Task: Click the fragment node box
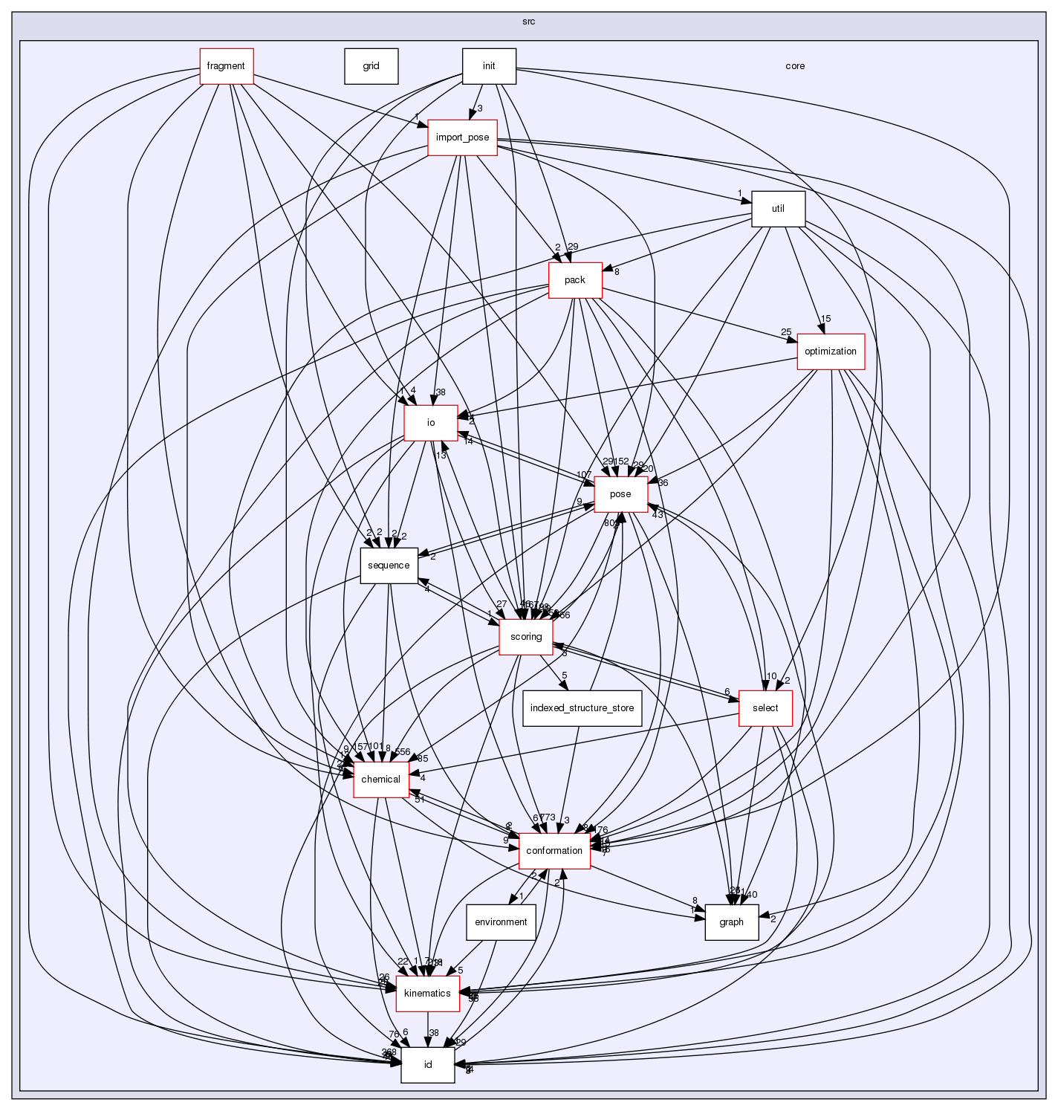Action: tap(226, 66)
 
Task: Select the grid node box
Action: tap(371, 66)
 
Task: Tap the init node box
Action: tap(488, 66)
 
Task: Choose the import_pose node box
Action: tap(462, 137)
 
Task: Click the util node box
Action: tap(778, 209)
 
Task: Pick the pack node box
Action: tap(574, 280)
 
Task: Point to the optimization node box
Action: tap(831, 352)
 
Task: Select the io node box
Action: tap(430, 423)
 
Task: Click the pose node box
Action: tap(620, 494)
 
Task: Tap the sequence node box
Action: tap(389, 566)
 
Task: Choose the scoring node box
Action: tap(526, 637)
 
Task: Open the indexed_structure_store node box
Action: tap(582, 708)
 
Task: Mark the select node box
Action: tap(765, 708)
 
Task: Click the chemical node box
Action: tap(380, 780)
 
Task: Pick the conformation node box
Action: tap(554, 851)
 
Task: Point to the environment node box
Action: tap(501, 922)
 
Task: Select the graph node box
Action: tap(731, 922)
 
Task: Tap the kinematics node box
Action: tap(427, 994)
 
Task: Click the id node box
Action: tap(427, 1065)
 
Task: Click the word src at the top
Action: tap(528, 22)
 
